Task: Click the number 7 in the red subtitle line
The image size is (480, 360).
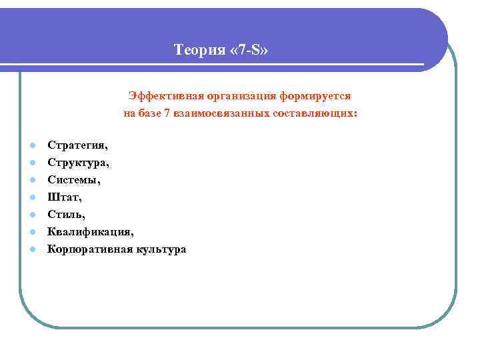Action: (x=167, y=114)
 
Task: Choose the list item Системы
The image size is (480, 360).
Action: (x=73, y=179)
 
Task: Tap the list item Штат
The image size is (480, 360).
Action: (x=63, y=197)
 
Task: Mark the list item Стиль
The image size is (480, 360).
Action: (x=66, y=214)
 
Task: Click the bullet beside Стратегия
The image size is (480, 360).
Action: (x=31, y=145)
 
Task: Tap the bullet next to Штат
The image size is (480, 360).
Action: (x=31, y=197)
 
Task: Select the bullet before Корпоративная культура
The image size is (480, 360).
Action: (x=31, y=249)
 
